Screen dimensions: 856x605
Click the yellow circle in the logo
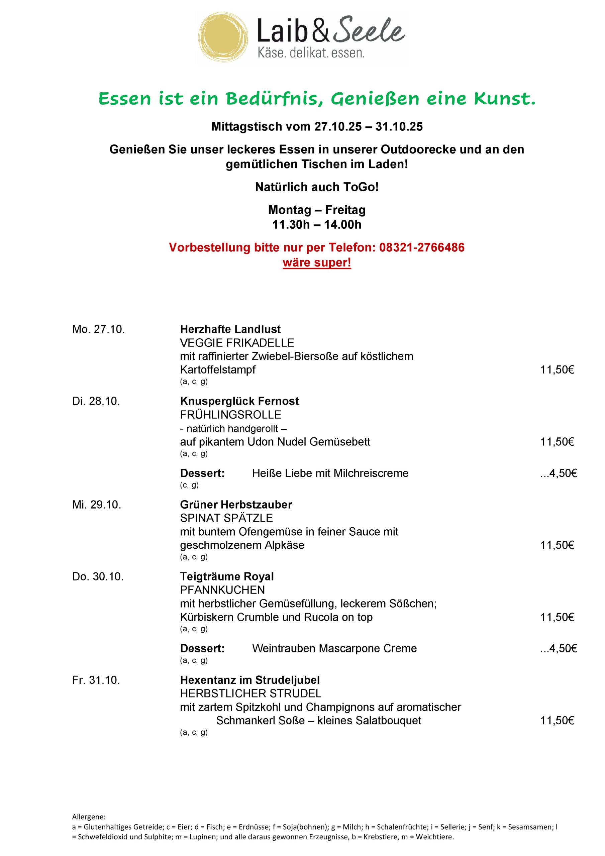223,36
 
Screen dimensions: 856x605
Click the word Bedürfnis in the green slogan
274,99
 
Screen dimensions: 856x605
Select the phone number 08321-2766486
422,247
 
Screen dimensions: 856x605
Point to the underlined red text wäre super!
317,262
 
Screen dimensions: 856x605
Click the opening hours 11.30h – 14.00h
317,225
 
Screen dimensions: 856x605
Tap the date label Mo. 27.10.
98,329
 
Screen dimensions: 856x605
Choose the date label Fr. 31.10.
96,680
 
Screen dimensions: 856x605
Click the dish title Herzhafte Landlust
230,329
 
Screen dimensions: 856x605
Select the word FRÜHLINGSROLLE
230,415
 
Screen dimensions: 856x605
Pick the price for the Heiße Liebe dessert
559,473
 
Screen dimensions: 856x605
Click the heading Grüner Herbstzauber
236,505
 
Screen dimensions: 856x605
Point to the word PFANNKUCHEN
222,590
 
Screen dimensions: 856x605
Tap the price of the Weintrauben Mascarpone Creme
559,648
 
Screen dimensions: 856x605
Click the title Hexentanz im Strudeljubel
250,680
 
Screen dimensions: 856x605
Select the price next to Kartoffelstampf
557,370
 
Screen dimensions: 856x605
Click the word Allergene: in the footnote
89,817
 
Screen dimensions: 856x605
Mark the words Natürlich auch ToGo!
317,187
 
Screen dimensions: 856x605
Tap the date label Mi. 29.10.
97,505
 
